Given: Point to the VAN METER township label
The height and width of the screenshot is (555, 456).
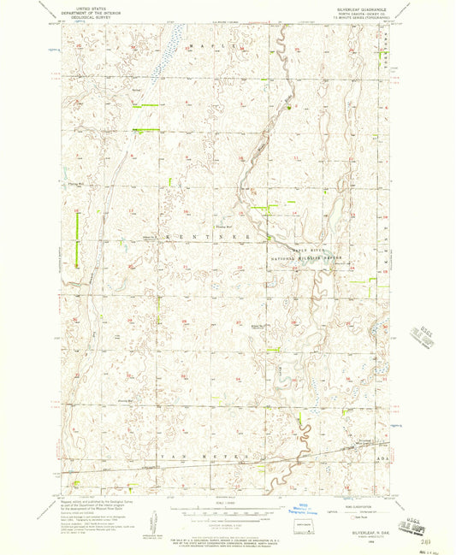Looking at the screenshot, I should coord(205,458).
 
